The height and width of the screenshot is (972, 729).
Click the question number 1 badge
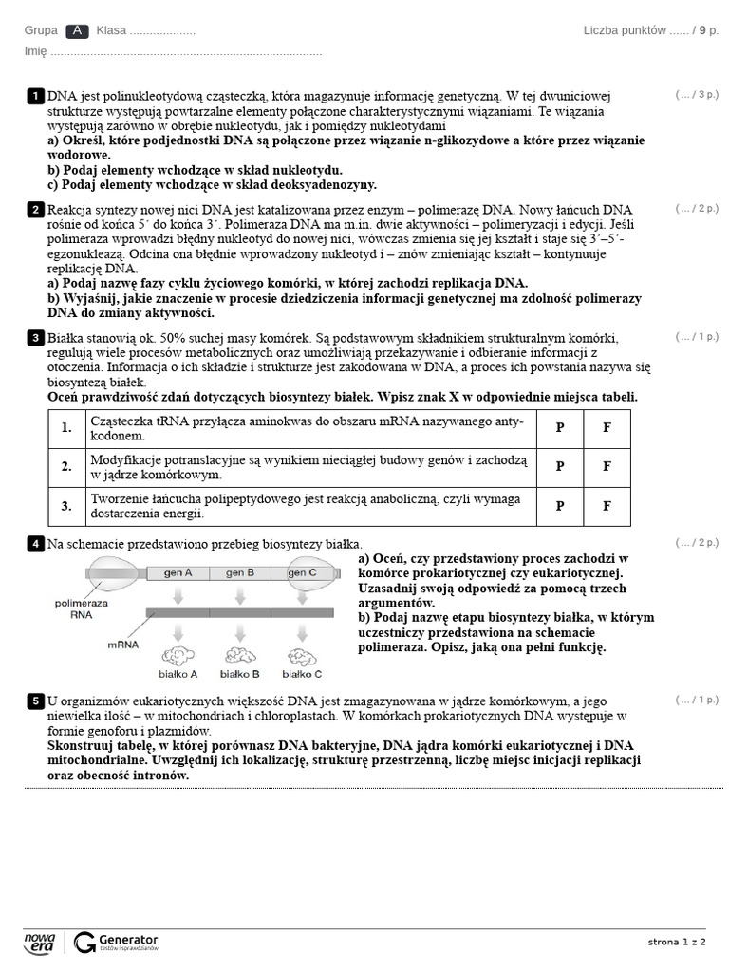[x=35, y=96]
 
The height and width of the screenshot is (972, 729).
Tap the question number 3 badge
[x=35, y=338]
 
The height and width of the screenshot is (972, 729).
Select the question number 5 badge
[x=35, y=701]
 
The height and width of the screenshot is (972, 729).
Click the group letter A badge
[x=78, y=30]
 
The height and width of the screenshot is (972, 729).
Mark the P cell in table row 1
[x=560, y=428]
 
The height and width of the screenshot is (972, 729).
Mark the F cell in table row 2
[x=607, y=467]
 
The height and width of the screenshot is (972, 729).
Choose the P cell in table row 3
[x=560, y=506]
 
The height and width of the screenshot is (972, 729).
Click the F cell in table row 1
[x=607, y=428]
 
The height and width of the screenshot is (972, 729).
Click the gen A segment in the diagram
[x=178, y=573]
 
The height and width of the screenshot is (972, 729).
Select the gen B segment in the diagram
[x=237, y=573]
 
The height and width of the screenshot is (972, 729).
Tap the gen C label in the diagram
[x=302, y=573]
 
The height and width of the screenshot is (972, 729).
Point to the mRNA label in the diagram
[x=123, y=645]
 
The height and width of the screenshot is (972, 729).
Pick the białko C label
[x=304, y=674]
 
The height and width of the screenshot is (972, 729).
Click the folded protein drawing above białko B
[x=239, y=655]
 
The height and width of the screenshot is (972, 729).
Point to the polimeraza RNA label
[x=81, y=608]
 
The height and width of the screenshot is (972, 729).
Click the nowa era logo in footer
[x=40, y=942]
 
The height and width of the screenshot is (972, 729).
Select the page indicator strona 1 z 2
[x=677, y=942]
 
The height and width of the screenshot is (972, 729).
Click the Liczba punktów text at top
[x=625, y=30]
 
